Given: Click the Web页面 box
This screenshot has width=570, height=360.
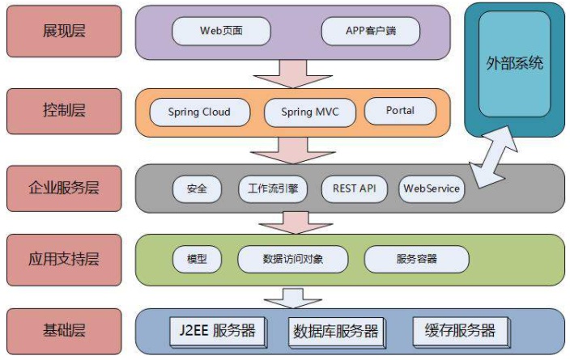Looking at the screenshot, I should click(x=221, y=32).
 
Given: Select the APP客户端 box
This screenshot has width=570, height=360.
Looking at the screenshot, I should click(x=370, y=32).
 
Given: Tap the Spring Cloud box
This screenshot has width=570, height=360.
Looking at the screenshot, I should click(x=199, y=112).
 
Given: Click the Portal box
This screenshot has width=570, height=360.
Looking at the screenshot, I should click(x=400, y=111).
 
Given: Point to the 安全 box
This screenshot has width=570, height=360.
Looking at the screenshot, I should click(x=197, y=188).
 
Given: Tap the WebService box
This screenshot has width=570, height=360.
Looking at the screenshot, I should click(x=432, y=188).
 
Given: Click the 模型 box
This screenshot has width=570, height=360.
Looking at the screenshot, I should click(x=197, y=259).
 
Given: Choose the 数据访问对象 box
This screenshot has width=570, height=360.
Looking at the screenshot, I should click(x=293, y=259).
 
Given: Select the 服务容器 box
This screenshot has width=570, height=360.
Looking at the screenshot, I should click(x=416, y=259).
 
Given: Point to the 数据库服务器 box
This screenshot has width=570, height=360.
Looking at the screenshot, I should click(x=335, y=331).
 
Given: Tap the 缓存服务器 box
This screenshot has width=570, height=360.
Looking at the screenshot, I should click(x=460, y=330).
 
